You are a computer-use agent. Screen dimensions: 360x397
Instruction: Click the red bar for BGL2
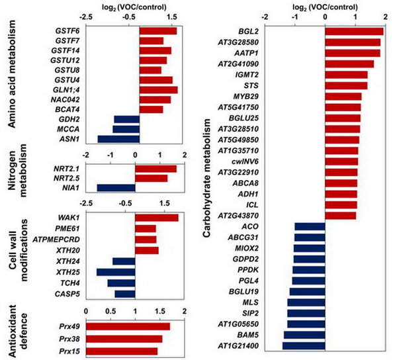(x=354, y=31)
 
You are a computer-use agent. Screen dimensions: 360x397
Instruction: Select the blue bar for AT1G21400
(x=304, y=345)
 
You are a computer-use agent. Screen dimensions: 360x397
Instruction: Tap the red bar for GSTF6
(x=157, y=30)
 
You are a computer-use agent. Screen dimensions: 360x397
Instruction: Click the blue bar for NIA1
(x=116, y=187)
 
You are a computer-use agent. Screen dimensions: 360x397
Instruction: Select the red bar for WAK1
(x=156, y=218)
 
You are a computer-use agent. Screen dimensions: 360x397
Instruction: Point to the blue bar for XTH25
(x=116, y=271)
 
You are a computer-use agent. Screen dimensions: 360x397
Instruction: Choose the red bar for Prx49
(x=128, y=326)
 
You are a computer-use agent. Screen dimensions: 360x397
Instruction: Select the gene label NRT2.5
(x=68, y=178)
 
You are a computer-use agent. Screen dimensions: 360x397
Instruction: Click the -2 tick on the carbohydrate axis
(x=265, y=17)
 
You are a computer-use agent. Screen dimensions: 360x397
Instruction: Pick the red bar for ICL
(x=340, y=204)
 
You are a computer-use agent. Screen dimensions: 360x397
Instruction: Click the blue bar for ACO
(x=310, y=226)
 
